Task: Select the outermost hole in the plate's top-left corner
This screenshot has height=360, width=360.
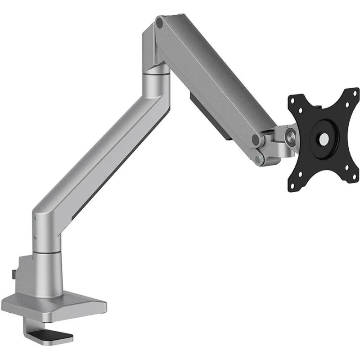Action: [294, 100]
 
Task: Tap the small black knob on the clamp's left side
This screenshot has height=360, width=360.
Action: [15, 273]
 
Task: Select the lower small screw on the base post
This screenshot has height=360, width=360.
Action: [35, 235]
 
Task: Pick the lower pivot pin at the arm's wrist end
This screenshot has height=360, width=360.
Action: [257, 158]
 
